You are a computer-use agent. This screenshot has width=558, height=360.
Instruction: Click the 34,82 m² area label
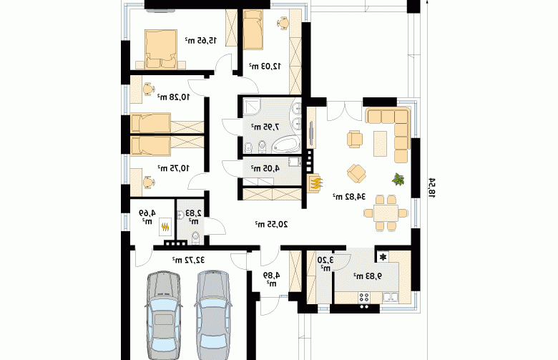pyautogui.click(x=349, y=196)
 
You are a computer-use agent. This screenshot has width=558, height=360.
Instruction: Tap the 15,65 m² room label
pyautogui.click(x=201, y=41)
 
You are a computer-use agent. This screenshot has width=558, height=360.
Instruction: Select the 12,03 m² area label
pyautogui.click(x=265, y=66)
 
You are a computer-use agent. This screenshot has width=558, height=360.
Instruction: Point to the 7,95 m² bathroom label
pyautogui.click(x=265, y=127)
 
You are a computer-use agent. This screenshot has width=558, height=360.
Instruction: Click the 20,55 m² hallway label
pyautogui.click(x=271, y=224)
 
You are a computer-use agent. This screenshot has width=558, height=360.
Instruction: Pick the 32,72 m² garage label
pyautogui.click(x=189, y=260)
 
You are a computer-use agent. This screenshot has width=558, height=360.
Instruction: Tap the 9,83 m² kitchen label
pyautogui.click(x=368, y=276)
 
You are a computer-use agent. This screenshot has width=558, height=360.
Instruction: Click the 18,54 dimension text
pyautogui.click(x=431, y=188)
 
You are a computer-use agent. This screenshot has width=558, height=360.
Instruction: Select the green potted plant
pyautogui.click(x=398, y=179)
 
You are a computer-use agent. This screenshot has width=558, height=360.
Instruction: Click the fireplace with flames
pyautogui.click(x=315, y=183)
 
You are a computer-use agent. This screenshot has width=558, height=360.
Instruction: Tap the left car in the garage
pyautogui.click(x=164, y=316)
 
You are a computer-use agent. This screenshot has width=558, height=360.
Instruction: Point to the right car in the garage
pyautogui.click(x=212, y=315)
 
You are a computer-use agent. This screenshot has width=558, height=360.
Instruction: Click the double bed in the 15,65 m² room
pyautogui.click(x=161, y=49)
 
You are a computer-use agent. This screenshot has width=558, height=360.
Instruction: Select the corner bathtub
pyautogui.click(x=286, y=145)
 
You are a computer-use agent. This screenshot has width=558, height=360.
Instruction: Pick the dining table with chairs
pyautogui.click(x=386, y=213)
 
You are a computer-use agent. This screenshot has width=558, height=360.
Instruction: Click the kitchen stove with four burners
pyautogui.click(x=364, y=297)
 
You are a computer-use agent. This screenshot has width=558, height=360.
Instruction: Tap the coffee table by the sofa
pyautogui.click(x=380, y=144)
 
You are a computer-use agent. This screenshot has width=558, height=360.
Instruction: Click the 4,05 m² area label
pyautogui.click(x=265, y=168)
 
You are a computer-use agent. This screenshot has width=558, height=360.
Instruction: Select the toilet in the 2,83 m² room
pyautogui.click(x=195, y=238)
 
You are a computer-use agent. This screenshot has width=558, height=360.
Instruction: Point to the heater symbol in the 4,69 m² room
pyautogui.click(x=165, y=226)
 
